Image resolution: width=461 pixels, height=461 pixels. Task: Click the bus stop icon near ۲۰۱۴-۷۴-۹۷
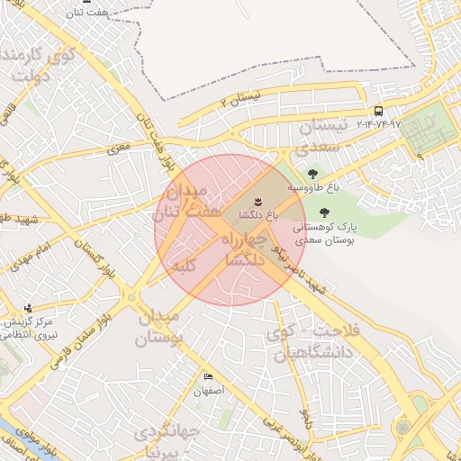click(377, 112)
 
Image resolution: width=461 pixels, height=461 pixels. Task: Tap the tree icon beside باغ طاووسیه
click(312, 174)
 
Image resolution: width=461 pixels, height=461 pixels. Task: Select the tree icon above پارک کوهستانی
click(323, 212)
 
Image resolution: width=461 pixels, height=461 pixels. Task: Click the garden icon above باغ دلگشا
click(257, 199)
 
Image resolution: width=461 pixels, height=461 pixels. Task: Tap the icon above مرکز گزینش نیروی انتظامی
click(28, 308)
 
